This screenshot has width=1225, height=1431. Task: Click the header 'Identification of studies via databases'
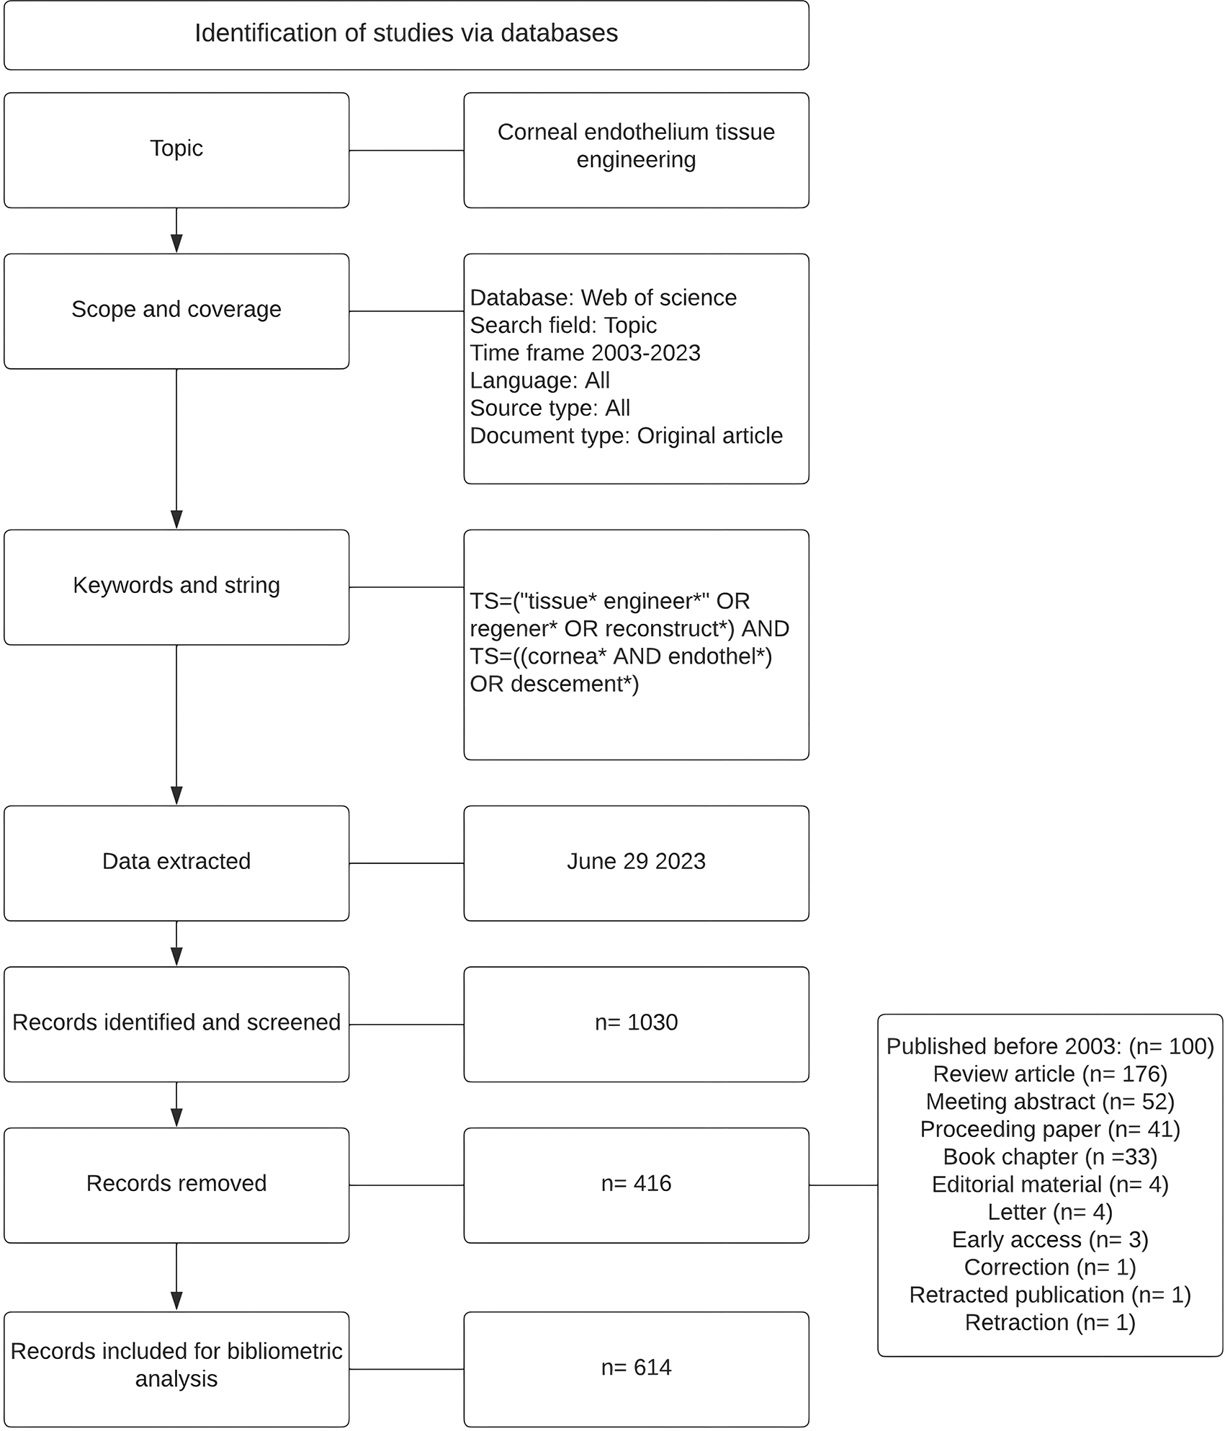[x=406, y=33]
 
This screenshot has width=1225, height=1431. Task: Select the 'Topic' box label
[x=176, y=148]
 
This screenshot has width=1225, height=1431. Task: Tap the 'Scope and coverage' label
[x=176, y=309]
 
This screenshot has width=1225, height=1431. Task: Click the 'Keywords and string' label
[x=176, y=585]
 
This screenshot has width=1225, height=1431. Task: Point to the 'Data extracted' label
[x=176, y=861]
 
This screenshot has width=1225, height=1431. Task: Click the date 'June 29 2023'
[x=636, y=861]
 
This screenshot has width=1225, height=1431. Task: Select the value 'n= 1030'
[x=636, y=1022]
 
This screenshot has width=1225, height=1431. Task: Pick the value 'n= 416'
[x=636, y=1183]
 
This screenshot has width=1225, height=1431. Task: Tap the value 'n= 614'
[x=636, y=1368]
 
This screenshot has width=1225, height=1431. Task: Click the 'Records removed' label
[x=176, y=1183]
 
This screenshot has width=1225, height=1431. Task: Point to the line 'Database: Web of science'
[x=603, y=298]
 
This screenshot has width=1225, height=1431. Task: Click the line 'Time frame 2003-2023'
[x=585, y=353]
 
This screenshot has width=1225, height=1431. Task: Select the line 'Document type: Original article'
[x=627, y=436]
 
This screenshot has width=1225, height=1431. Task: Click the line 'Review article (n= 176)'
[x=1050, y=1074]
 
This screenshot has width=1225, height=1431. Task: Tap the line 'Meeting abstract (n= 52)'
[x=1050, y=1102]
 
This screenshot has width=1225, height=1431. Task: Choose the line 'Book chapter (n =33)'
[x=1050, y=1157]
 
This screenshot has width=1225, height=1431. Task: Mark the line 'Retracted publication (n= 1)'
[x=1050, y=1295]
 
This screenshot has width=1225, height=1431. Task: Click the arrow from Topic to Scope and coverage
[x=176, y=231]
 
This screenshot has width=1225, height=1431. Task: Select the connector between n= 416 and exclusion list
[x=843, y=1185]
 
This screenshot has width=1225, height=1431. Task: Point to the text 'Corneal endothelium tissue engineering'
[x=636, y=146]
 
